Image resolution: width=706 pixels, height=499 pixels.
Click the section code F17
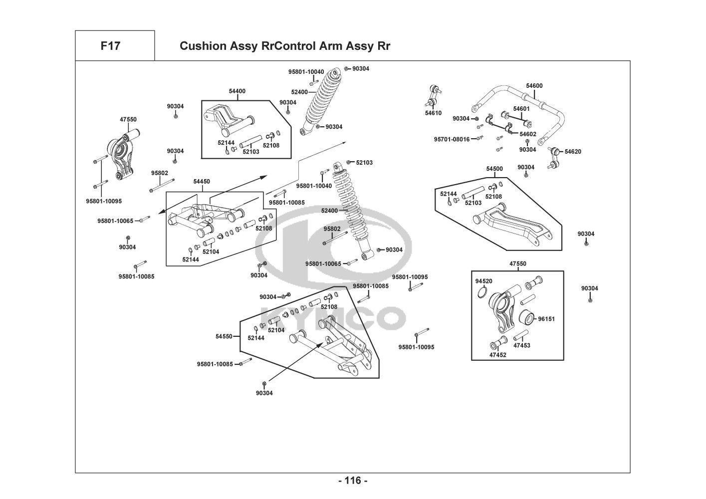[x=110, y=46]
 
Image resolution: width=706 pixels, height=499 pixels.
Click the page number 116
[x=353, y=481]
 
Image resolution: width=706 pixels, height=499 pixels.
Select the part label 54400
[x=237, y=91]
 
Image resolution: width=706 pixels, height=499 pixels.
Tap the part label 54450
[x=202, y=182]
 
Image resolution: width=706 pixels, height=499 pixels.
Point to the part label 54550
[x=224, y=336]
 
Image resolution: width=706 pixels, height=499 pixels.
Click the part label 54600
[x=534, y=86]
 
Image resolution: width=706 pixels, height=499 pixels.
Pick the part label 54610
[x=433, y=113]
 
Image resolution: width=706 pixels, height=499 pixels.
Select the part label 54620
[x=573, y=151]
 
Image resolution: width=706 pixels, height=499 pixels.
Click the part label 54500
[x=494, y=169]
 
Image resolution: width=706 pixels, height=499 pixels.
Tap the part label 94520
[x=483, y=281]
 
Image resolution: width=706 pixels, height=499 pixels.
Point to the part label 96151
[x=546, y=319]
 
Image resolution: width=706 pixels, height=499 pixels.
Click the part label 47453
[x=522, y=345]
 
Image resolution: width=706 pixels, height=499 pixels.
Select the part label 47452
[x=497, y=355]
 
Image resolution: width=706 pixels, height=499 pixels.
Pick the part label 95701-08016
[x=452, y=139]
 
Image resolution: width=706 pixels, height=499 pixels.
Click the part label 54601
[x=521, y=109]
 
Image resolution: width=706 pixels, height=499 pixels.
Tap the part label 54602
[x=528, y=134]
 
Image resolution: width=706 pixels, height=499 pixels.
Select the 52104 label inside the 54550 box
[x=276, y=330]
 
